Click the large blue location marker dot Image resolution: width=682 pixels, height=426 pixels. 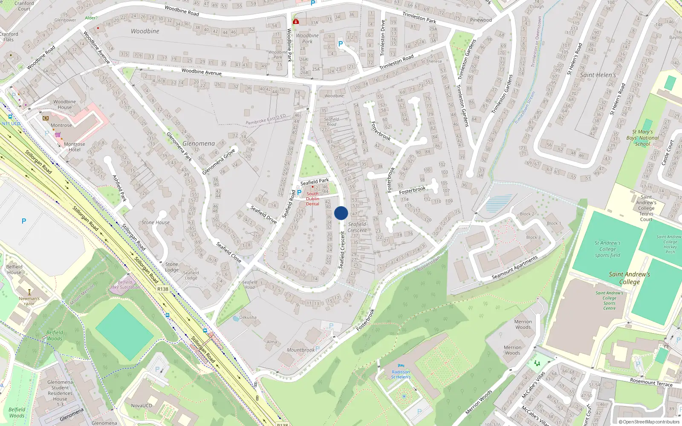click(341, 213)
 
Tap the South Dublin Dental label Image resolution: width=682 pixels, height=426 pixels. click(312, 199)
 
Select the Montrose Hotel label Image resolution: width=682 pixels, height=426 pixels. click(75, 147)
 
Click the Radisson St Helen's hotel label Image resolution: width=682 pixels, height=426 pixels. click(401, 374)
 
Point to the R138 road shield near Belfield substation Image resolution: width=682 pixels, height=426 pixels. click(163, 289)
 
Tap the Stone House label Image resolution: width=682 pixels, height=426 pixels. click(156, 222)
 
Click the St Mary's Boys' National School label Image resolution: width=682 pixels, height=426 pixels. click(643, 138)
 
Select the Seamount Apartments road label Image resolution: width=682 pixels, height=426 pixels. click(515, 268)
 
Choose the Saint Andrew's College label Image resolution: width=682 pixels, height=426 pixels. click(630, 278)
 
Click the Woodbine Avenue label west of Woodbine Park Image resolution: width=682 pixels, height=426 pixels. click(201, 72)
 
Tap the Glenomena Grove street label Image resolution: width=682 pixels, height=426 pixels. click(219, 162)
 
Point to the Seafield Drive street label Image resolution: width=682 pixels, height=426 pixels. click(264, 214)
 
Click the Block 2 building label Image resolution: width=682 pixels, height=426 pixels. click(527, 214)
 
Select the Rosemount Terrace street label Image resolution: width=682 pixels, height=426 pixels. click(651, 382)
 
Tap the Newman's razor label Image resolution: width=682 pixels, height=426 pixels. click(29, 301)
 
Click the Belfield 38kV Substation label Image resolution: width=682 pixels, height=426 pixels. click(125, 285)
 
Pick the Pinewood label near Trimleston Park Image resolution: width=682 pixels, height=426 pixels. click(481, 20)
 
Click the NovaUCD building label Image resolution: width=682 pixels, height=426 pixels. click(142, 406)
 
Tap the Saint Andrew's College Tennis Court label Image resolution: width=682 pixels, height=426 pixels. click(646, 208)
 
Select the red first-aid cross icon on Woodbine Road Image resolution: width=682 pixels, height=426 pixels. click(296, 21)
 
